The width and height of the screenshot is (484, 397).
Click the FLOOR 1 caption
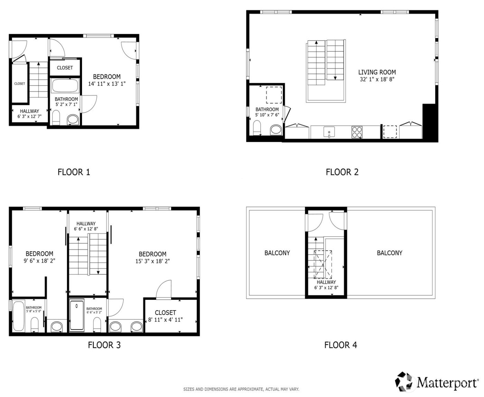click(74, 172)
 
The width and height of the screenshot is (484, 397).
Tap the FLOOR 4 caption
click(341, 345)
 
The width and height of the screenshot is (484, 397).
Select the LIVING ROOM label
click(377, 72)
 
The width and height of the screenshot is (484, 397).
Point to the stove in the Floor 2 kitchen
click(357, 132)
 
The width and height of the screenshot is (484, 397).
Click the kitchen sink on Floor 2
click(329, 132)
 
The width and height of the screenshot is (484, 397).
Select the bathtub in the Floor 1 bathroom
click(65, 85)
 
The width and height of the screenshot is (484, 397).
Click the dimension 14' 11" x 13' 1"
click(107, 83)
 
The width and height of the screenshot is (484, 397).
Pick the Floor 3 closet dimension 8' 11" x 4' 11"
click(165, 320)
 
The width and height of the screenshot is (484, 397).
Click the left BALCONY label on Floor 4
click(277, 253)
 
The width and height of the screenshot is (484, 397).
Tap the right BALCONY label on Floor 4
click(389, 253)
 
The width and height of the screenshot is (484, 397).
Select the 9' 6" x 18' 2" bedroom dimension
click(39, 261)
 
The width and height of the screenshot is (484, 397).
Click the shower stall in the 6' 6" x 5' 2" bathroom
click(77, 316)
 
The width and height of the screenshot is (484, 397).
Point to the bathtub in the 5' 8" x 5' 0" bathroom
click(18, 316)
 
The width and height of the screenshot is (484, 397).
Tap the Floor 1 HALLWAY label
click(29, 111)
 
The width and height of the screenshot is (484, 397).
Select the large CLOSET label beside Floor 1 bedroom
click(65, 68)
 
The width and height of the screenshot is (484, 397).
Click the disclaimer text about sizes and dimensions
click(241, 389)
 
